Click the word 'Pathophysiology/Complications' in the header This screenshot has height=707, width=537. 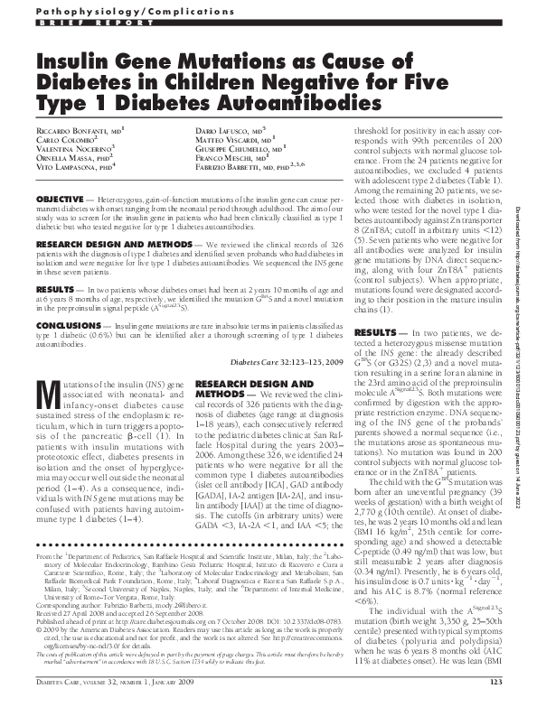(99, 11)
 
